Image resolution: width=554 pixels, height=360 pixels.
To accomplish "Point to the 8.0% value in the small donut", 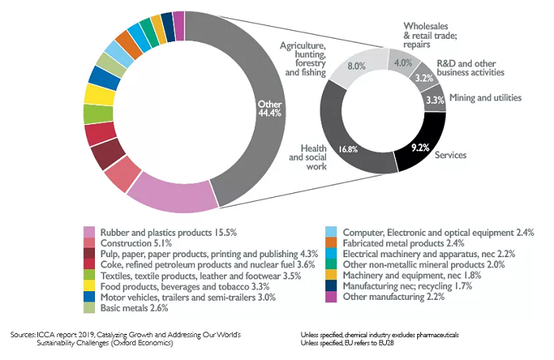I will [356, 67].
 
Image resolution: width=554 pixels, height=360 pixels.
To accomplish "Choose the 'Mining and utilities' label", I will [484, 97].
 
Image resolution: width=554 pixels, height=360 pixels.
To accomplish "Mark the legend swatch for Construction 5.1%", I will [90, 244].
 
